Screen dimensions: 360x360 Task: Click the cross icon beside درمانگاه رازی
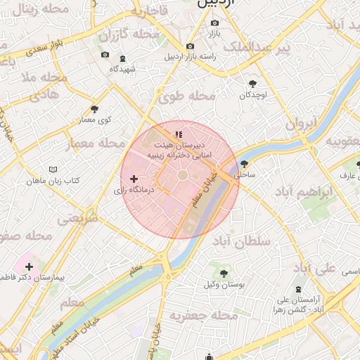coord(134,179)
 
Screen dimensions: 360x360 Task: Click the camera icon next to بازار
coord(214,22)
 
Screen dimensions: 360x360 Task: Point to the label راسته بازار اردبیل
coord(188,57)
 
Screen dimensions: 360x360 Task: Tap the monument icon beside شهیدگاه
coord(124,58)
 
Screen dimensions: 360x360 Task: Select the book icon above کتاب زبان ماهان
coord(53,169)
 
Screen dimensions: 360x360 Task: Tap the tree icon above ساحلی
coord(244,163)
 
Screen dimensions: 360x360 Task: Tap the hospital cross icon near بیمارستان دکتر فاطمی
coord(29,266)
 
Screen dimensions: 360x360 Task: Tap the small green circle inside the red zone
coord(182,174)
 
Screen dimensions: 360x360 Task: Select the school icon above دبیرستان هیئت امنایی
coord(179,134)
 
